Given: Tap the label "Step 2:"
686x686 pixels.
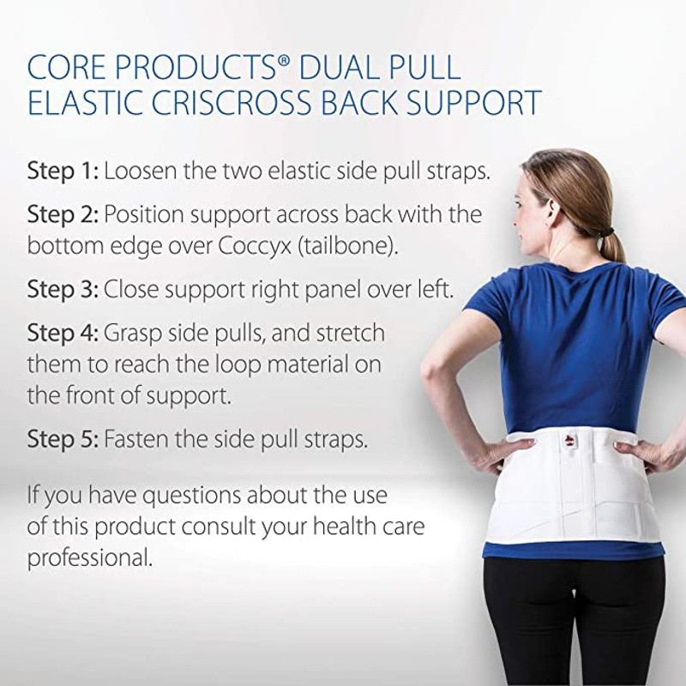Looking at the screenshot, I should tap(63, 214).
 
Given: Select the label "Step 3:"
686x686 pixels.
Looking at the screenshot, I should tap(63, 289).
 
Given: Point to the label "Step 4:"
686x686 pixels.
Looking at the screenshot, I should tap(63, 333).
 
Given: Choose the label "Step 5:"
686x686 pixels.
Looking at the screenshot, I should tap(63, 440).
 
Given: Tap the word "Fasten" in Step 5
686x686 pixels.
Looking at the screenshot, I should tap(142, 440).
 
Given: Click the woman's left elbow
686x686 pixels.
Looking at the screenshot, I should tap(435, 377).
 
